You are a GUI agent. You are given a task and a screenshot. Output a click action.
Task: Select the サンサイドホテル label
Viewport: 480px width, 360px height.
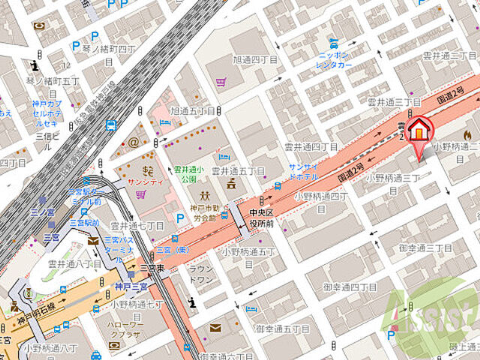[x=309, y=171]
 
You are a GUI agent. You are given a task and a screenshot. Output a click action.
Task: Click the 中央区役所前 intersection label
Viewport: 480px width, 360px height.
[x=263, y=217]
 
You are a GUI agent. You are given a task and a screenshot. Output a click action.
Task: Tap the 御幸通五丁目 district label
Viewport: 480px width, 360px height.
[x=282, y=328]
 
